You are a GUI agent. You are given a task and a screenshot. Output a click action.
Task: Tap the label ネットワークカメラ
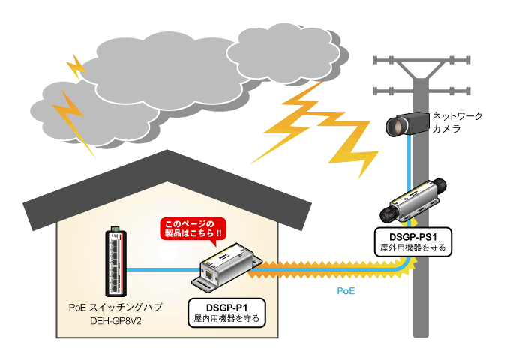point(457,122)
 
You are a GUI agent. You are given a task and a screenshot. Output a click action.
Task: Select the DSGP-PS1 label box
point(412,241)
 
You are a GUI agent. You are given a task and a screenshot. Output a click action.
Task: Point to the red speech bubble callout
point(193,229)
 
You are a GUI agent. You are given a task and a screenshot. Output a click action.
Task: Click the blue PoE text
point(346,288)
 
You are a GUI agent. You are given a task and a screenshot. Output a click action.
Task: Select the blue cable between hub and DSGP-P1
point(162,268)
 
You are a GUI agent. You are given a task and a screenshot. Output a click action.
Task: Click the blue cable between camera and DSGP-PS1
point(406,161)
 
